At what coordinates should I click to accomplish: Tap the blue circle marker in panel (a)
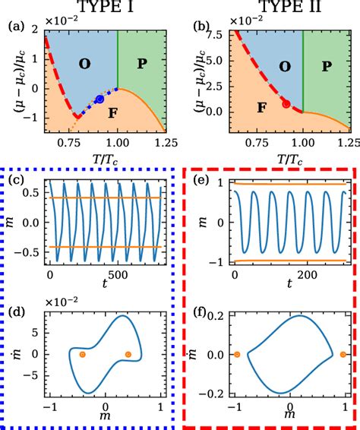click(99, 99)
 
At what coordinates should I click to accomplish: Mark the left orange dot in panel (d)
click(82, 354)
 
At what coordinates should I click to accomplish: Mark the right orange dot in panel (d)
click(128, 354)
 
